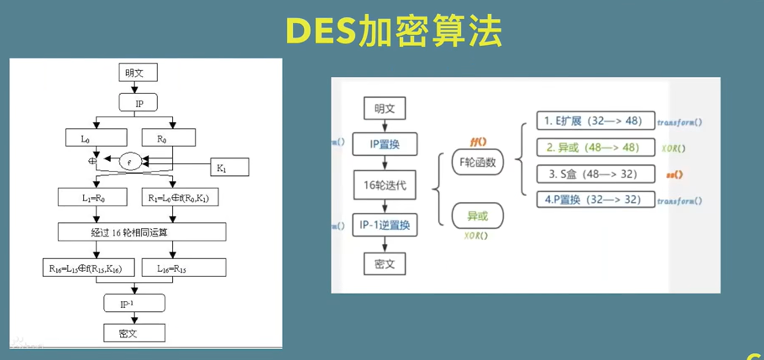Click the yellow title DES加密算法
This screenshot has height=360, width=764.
pos(394,31)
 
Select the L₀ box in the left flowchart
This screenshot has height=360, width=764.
pos(96,138)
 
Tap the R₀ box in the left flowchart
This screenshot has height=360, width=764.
pos(168,138)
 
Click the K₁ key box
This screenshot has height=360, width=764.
pos(229,167)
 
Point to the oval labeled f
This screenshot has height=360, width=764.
pos(130,162)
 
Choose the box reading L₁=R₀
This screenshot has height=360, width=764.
pos(92,198)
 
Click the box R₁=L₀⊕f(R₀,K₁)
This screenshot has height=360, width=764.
pos(180,198)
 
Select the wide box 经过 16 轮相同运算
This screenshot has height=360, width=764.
pos(142,232)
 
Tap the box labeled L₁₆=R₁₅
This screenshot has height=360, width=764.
pos(184,268)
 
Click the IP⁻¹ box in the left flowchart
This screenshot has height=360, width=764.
pos(134,303)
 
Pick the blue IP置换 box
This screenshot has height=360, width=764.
pos(385,144)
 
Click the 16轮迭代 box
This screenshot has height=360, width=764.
pos(385,185)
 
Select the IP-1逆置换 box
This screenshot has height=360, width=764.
pos(385,225)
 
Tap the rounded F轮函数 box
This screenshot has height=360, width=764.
pos(478,162)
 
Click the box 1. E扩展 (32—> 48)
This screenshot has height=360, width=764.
pos(595,121)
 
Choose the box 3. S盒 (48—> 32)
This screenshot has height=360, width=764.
pos(595,174)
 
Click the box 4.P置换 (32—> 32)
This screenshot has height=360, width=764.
pos(595,200)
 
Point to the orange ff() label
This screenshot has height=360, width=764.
pos(478,142)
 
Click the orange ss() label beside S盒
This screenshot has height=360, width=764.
pos(674,174)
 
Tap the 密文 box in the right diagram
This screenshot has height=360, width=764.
pos(385,264)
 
